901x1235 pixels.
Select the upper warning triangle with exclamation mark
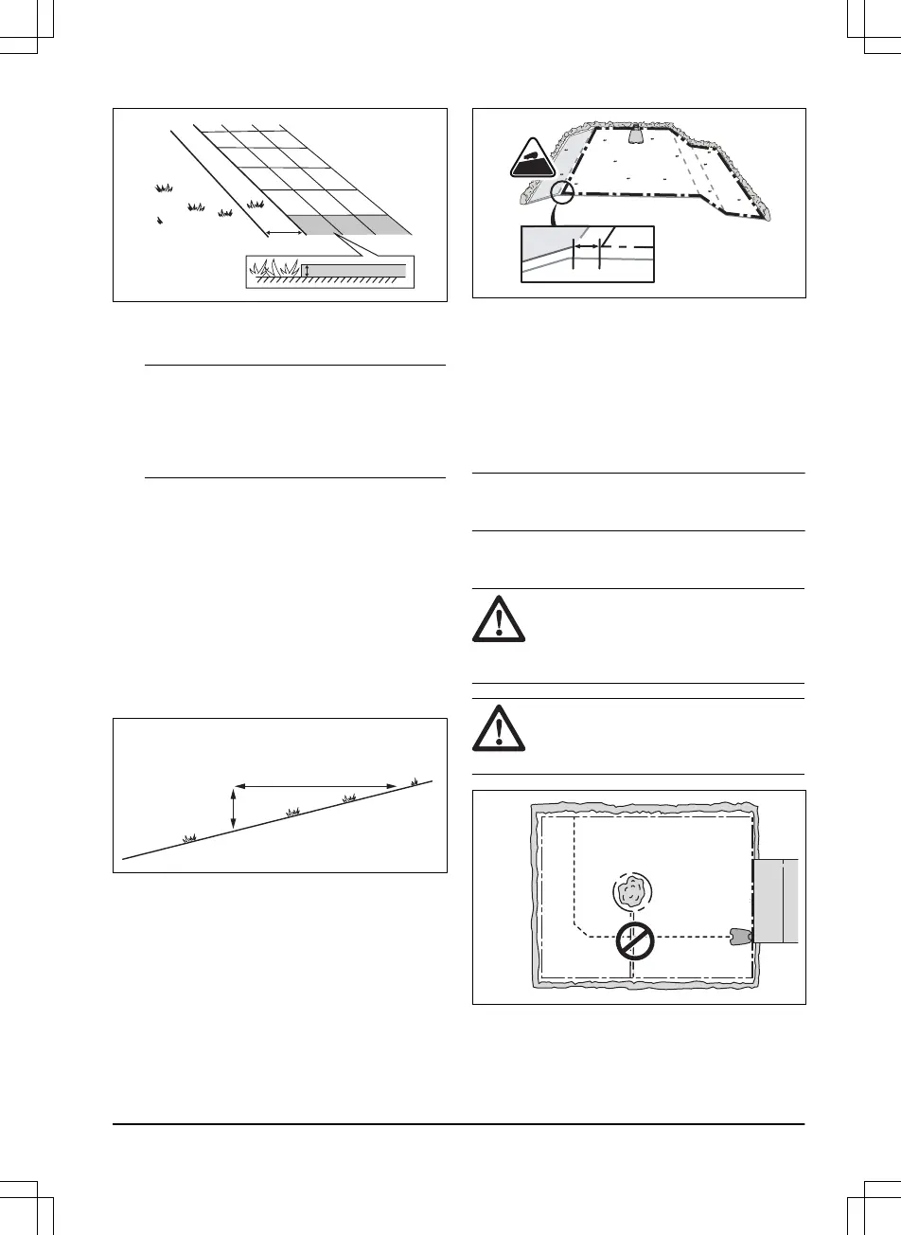[495, 624]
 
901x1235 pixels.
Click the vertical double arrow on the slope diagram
[234, 808]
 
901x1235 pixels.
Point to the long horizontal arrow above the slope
[315, 785]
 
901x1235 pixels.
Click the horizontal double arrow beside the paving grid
[281, 232]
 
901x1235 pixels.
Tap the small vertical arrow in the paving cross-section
[306, 272]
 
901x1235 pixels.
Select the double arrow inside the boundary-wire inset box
[587, 245]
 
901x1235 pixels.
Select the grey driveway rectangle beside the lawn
[775, 902]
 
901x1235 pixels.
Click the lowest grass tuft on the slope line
[189, 837]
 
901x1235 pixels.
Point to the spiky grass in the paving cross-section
[274, 270]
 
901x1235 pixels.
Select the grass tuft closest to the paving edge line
[255, 203]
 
